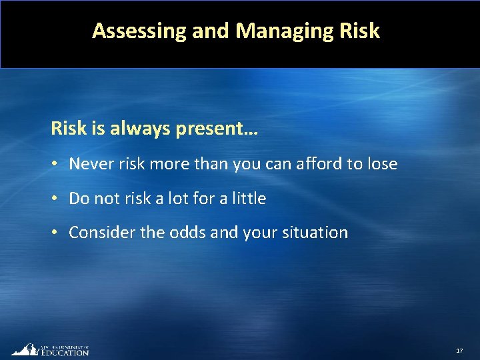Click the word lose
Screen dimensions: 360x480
pos(382,163)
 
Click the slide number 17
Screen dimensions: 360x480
pos(459,351)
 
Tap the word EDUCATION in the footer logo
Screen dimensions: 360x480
pos(65,352)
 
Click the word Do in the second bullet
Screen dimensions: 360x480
pos(79,198)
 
